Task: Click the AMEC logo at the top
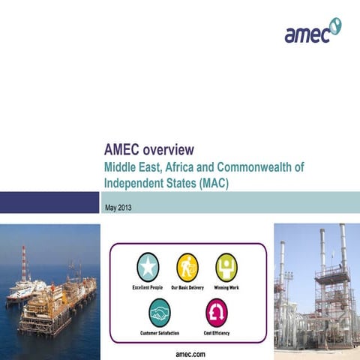point(312,31)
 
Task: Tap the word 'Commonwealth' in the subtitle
point(265,166)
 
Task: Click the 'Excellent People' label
point(147,287)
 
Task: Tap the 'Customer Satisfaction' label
point(160,332)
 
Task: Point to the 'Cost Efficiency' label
point(216,332)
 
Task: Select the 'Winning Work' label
point(226,287)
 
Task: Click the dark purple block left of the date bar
point(49,202)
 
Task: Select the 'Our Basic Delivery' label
point(187,287)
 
